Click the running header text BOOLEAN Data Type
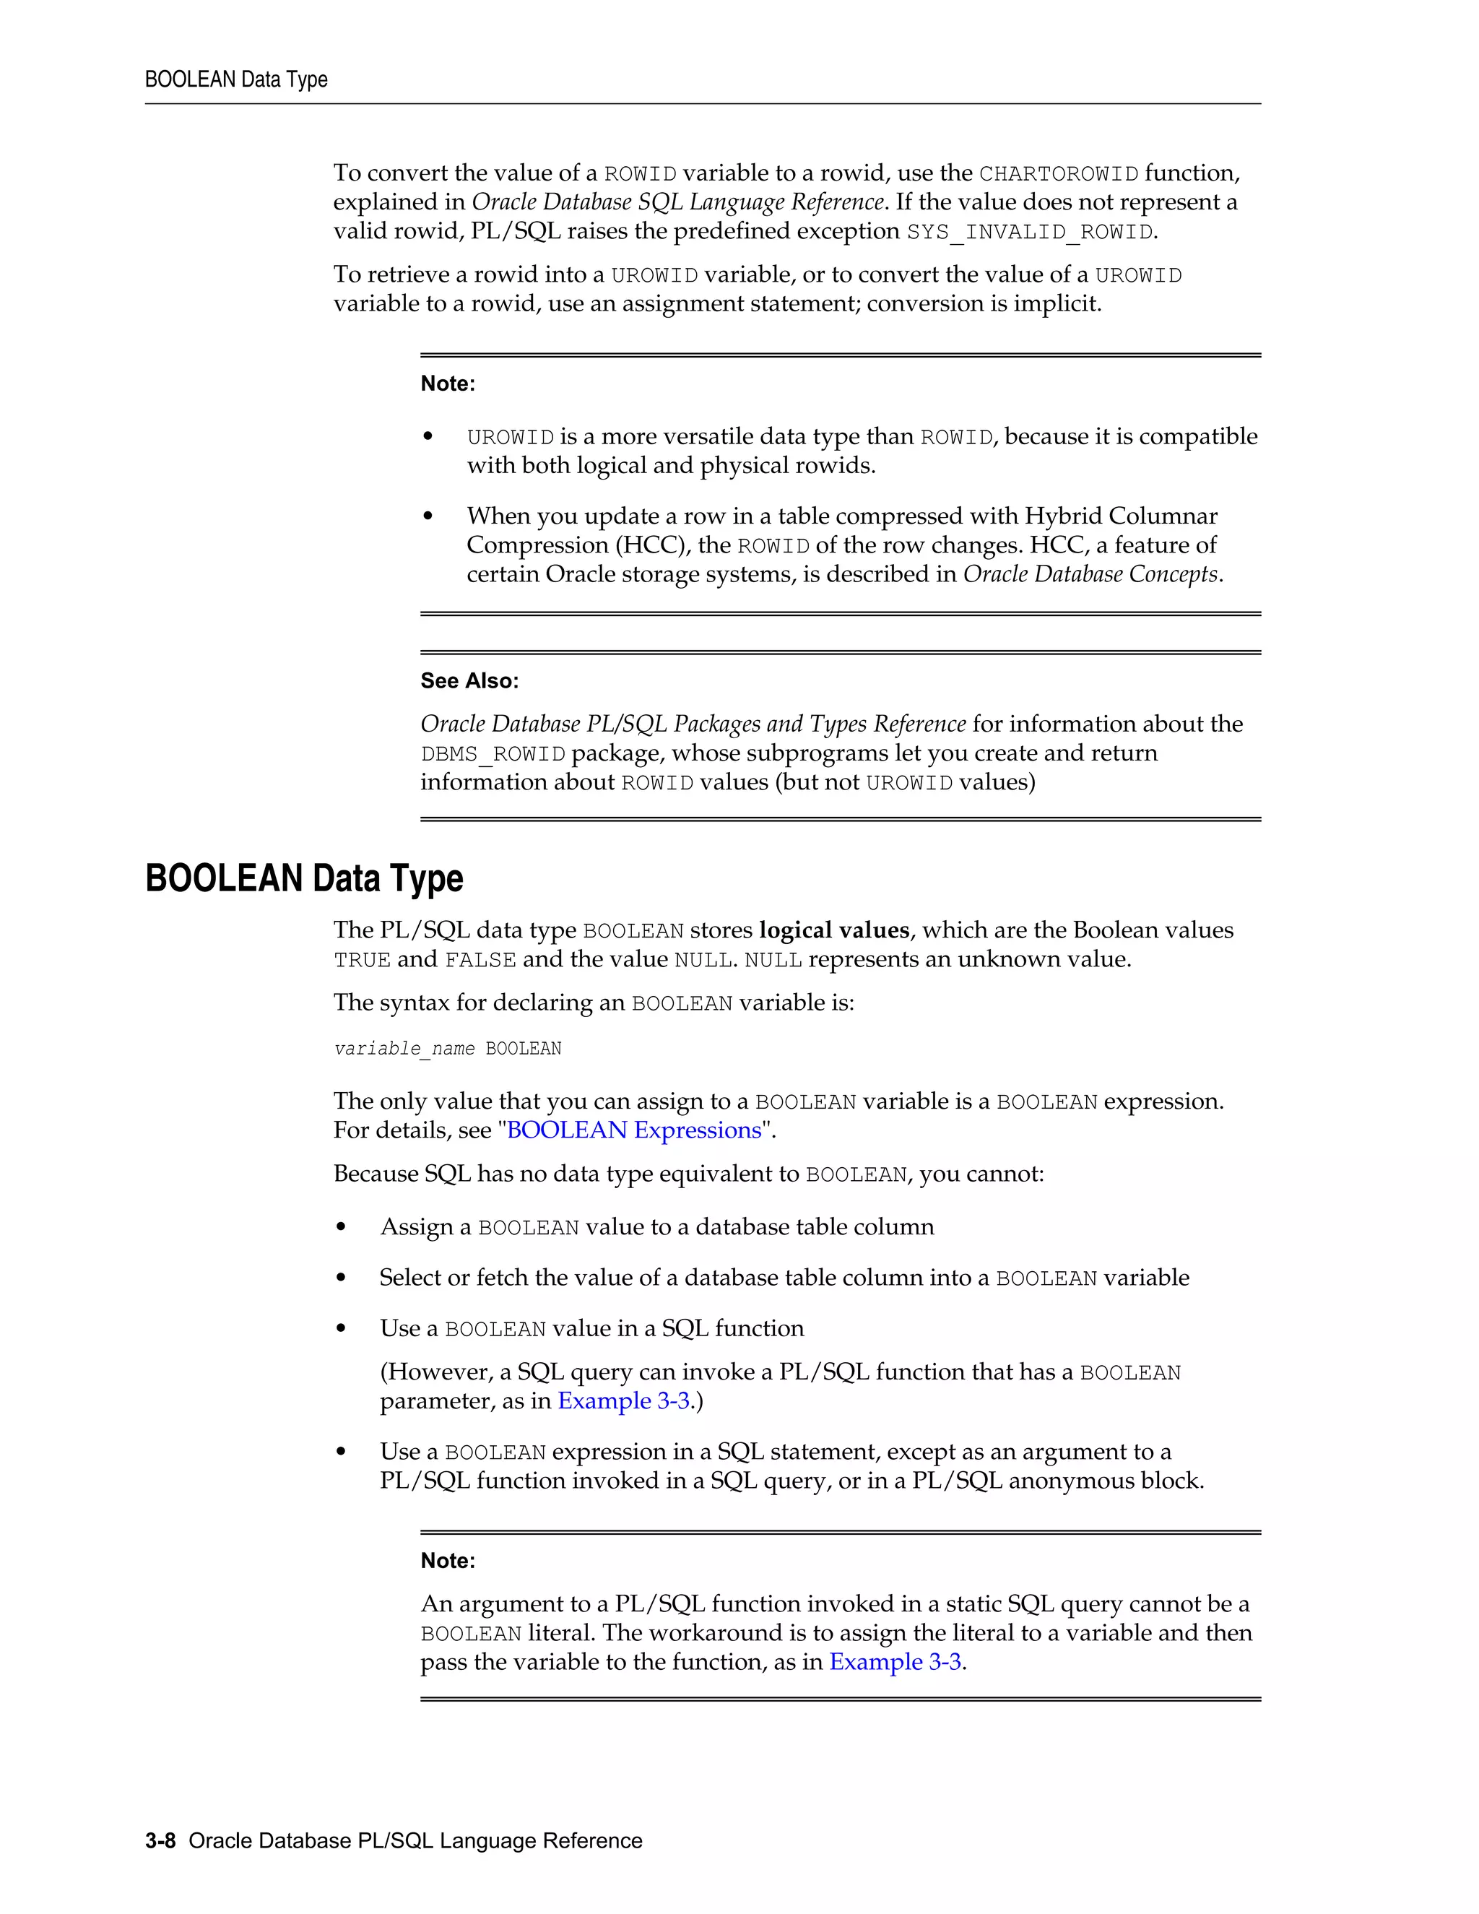(x=235, y=79)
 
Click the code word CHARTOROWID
(x=1059, y=174)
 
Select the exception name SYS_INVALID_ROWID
(x=1030, y=233)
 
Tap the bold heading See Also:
(x=469, y=681)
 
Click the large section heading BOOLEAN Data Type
(x=304, y=878)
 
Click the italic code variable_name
(x=404, y=1049)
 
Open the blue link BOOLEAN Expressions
(x=634, y=1130)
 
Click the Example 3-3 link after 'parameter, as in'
(x=624, y=1401)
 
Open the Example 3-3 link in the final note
(x=895, y=1663)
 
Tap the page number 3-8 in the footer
(x=160, y=1841)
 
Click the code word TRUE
(x=362, y=961)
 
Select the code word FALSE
(x=480, y=961)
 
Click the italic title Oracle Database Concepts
(x=1090, y=574)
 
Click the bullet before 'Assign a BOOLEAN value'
(x=341, y=1228)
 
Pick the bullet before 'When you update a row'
(x=428, y=517)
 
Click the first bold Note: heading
(x=448, y=384)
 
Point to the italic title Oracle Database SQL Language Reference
(x=677, y=202)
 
